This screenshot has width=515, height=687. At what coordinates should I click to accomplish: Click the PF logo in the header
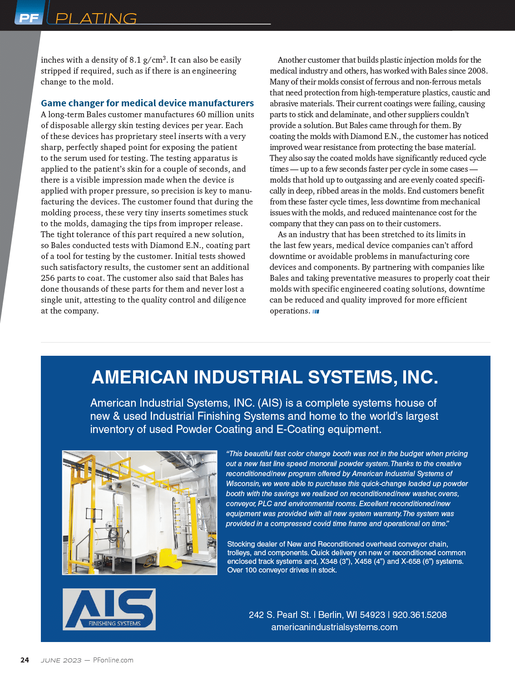pyautogui.click(x=29, y=18)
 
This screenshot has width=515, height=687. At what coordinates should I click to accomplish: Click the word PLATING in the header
pyautogui.click(x=96, y=19)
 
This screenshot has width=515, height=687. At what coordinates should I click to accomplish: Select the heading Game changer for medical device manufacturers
pyautogui.click(x=147, y=103)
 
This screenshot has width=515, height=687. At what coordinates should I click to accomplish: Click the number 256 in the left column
pyautogui.click(x=48, y=278)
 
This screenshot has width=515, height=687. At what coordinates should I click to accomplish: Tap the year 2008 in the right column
pyautogui.click(x=476, y=71)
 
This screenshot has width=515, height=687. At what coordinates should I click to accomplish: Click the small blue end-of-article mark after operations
pyautogui.click(x=316, y=311)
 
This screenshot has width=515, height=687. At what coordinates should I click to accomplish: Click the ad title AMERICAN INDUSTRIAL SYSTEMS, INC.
pyautogui.click(x=265, y=377)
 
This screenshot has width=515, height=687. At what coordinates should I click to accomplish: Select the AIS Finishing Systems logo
pyautogui.click(x=109, y=609)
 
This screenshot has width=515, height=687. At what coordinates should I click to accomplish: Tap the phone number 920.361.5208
pyautogui.click(x=419, y=615)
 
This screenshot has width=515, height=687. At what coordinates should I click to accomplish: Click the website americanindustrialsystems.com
pyautogui.click(x=334, y=627)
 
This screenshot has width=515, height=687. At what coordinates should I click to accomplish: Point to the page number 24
pyautogui.click(x=25, y=660)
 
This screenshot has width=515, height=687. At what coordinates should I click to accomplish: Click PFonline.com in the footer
pyautogui.click(x=113, y=660)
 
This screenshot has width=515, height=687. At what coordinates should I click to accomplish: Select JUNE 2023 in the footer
pyautogui.click(x=61, y=660)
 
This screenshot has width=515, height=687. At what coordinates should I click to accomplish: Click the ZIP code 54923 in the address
pyautogui.click(x=372, y=615)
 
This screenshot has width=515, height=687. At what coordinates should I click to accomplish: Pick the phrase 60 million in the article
pyautogui.click(x=216, y=114)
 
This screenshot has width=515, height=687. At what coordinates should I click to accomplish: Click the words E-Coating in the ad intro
pyautogui.click(x=302, y=429)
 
